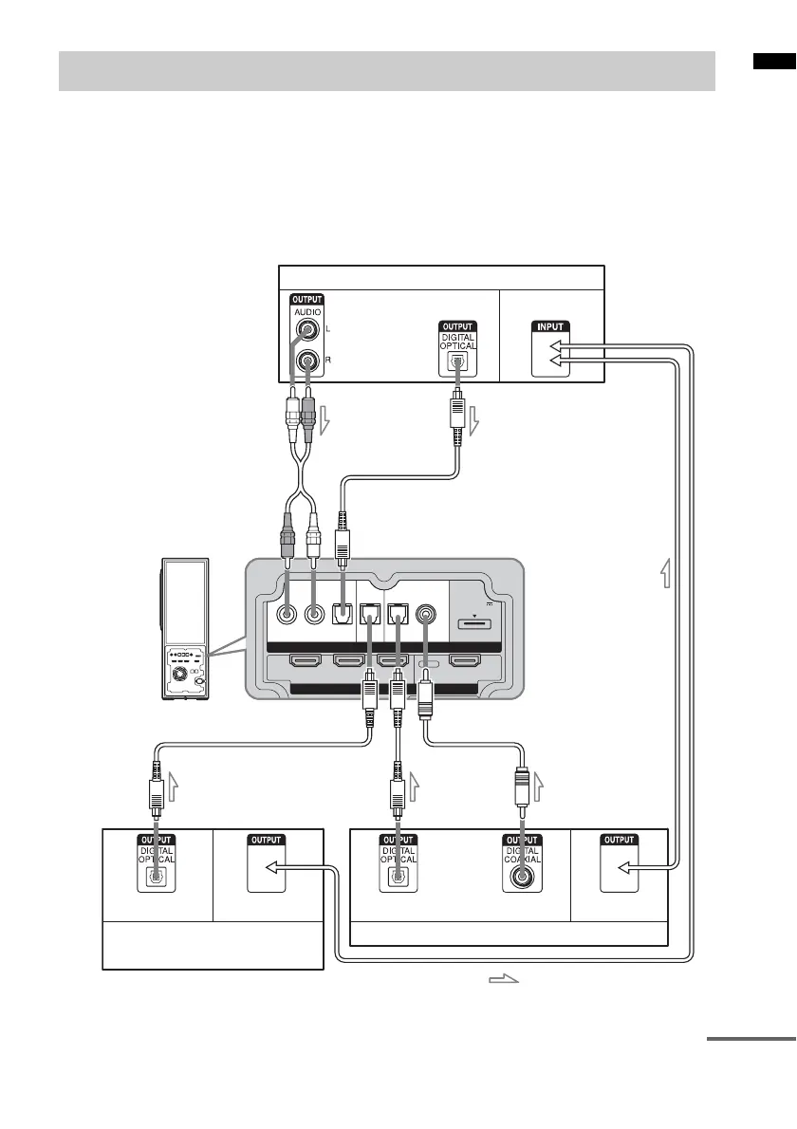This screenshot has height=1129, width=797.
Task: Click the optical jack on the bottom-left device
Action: pos(152,879)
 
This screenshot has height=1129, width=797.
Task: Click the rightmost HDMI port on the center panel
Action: pos(468,660)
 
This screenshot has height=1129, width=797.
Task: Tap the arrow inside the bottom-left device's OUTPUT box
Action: pos(270,866)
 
